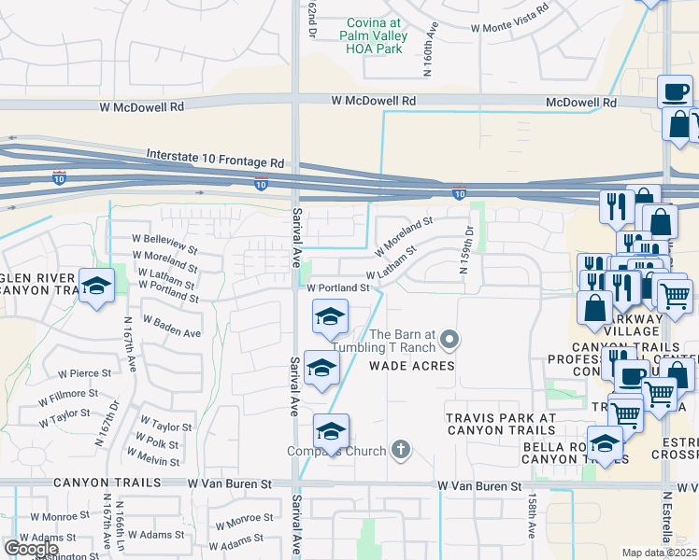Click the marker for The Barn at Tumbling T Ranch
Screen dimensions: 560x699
point(449,339)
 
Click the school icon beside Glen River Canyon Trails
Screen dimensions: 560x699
point(95,287)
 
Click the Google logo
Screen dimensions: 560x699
point(31,549)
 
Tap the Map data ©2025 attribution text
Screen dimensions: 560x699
point(660,553)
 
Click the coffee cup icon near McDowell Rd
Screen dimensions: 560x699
point(675,91)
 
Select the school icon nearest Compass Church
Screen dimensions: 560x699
point(331,431)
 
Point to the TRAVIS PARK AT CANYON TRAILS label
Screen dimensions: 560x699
point(501,424)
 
